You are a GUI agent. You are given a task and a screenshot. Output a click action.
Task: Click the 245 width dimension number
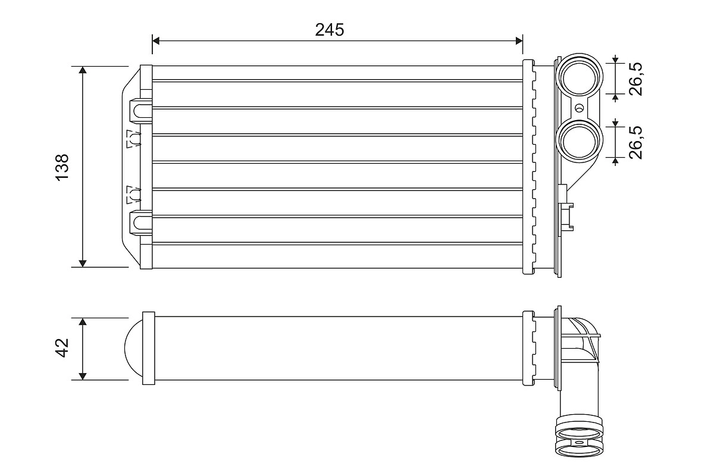pos(330,30)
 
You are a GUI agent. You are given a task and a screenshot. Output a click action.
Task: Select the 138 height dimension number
pos(62,167)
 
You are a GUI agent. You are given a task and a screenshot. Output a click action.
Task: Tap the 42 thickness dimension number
pos(62,348)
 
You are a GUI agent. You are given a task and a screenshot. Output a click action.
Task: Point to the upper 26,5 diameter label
pos(636,78)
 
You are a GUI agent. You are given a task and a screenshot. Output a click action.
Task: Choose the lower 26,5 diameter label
pos(636,142)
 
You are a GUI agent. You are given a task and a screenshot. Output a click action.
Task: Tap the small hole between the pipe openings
pos(580,108)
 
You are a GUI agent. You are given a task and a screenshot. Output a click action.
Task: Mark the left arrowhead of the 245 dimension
pos(156,40)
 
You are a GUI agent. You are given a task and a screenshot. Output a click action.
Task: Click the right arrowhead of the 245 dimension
pos(518,40)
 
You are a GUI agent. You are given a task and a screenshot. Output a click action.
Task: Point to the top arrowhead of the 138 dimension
pos(83,70)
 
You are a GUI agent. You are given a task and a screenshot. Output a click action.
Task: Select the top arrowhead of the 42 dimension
pos(83,322)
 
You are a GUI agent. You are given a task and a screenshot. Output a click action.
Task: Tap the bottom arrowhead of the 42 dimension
pos(83,375)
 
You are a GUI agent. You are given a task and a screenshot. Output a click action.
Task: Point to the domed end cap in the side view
pos(133,349)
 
